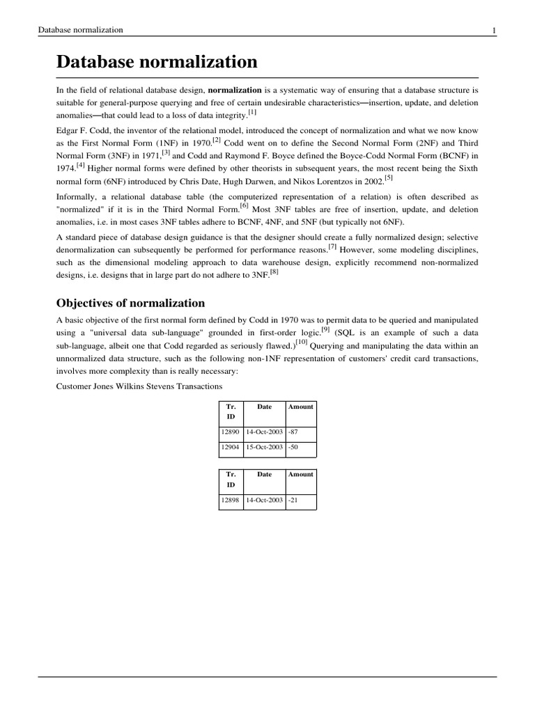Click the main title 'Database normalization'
click(x=157, y=62)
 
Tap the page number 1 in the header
click(x=494, y=30)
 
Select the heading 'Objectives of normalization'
click(x=130, y=303)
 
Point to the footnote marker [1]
click(x=252, y=111)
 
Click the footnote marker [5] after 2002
click(x=389, y=176)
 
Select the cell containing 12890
click(x=230, y=432)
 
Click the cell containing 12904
click(x=230, y=448)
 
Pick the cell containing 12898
click(x=230, y=500)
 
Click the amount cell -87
click(x=295, y=432)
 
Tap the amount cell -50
click(x=295, y=448)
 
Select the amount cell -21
click(x=295, y=500)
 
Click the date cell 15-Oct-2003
click(x=264, y=448)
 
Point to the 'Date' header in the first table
click(x=265, y=407)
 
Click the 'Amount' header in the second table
click(x=301, y=474)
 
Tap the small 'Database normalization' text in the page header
click(x=81, y=30)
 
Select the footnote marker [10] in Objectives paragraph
click(x=301, y=342)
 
